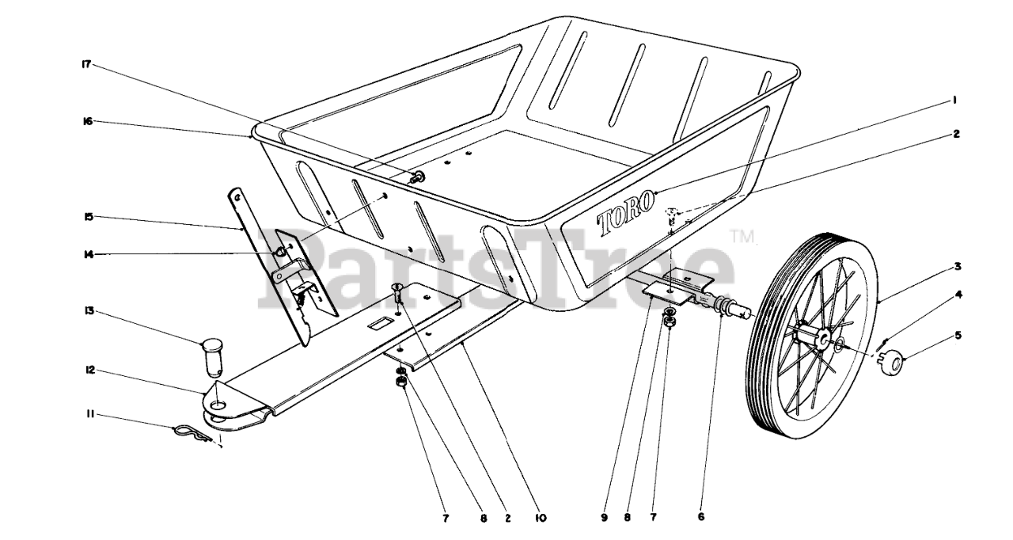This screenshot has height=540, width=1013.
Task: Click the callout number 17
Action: pos(86,64)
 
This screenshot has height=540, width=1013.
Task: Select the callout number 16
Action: pos(87,121)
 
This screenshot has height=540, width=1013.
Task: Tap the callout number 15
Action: pos(88,217)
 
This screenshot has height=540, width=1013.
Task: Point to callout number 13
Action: pos(88,311)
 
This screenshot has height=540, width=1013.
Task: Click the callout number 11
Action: pos(90,415)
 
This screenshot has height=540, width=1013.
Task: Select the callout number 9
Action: pos(604,518)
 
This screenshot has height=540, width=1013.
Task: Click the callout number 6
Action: pos(701,516)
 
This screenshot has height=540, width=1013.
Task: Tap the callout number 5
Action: pos(958,336)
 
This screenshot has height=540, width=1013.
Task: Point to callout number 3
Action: pos(958,266)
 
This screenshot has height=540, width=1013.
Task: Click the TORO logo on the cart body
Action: pos(626,215)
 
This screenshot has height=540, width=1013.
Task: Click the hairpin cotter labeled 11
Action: pos(192,433)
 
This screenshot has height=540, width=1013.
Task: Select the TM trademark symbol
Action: pos(742,237)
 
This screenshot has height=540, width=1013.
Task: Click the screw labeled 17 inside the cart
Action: pos(415,177)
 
